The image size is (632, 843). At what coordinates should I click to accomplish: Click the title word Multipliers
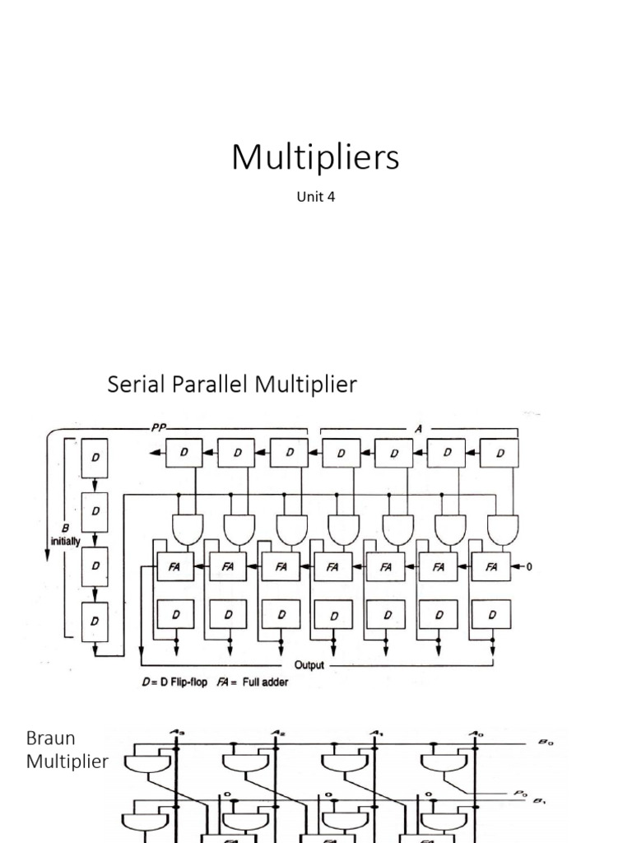[315, 157]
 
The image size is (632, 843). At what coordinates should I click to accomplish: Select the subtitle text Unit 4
[315, 197]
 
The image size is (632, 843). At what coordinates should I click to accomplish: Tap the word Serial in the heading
[135, 384]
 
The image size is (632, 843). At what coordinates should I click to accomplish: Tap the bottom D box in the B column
[96, 620]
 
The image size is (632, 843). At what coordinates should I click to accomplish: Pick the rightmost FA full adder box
[490, 566]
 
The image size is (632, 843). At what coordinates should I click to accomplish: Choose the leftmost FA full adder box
[175, 566]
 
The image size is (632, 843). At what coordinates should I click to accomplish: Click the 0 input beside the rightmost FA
[530, 566]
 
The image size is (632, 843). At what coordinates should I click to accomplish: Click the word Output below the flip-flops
[309, 664]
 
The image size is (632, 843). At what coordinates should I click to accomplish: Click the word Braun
[50, 738]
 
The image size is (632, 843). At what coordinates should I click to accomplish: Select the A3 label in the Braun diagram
[178, 732]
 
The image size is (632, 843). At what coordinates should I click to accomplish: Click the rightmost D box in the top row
[499, 453]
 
